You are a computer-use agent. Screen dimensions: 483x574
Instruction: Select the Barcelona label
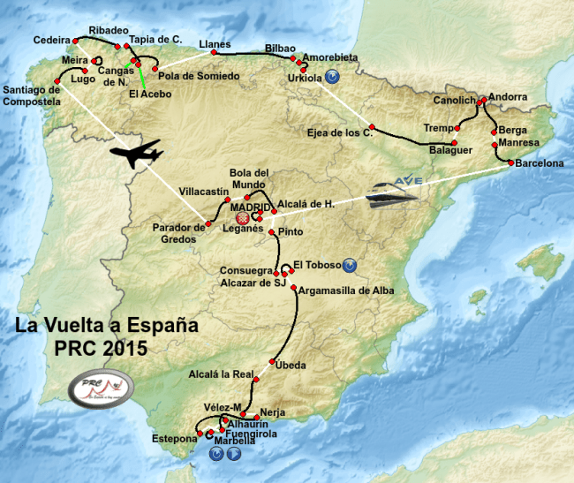pyautogui.click(x=540, y=163)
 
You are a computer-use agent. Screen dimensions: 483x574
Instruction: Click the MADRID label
pyautogui.click(x=250, y=207)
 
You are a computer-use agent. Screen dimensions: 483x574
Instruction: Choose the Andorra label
pyautogui.click(x=508, y=96)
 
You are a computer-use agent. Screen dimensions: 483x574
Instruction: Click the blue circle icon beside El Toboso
pyautogui.click(x=350, y=264)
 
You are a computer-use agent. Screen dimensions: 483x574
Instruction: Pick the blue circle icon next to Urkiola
pyautogui.click(x=331, y=77)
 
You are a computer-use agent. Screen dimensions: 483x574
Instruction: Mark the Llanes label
pyautogui.click(x=215, y=44)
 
